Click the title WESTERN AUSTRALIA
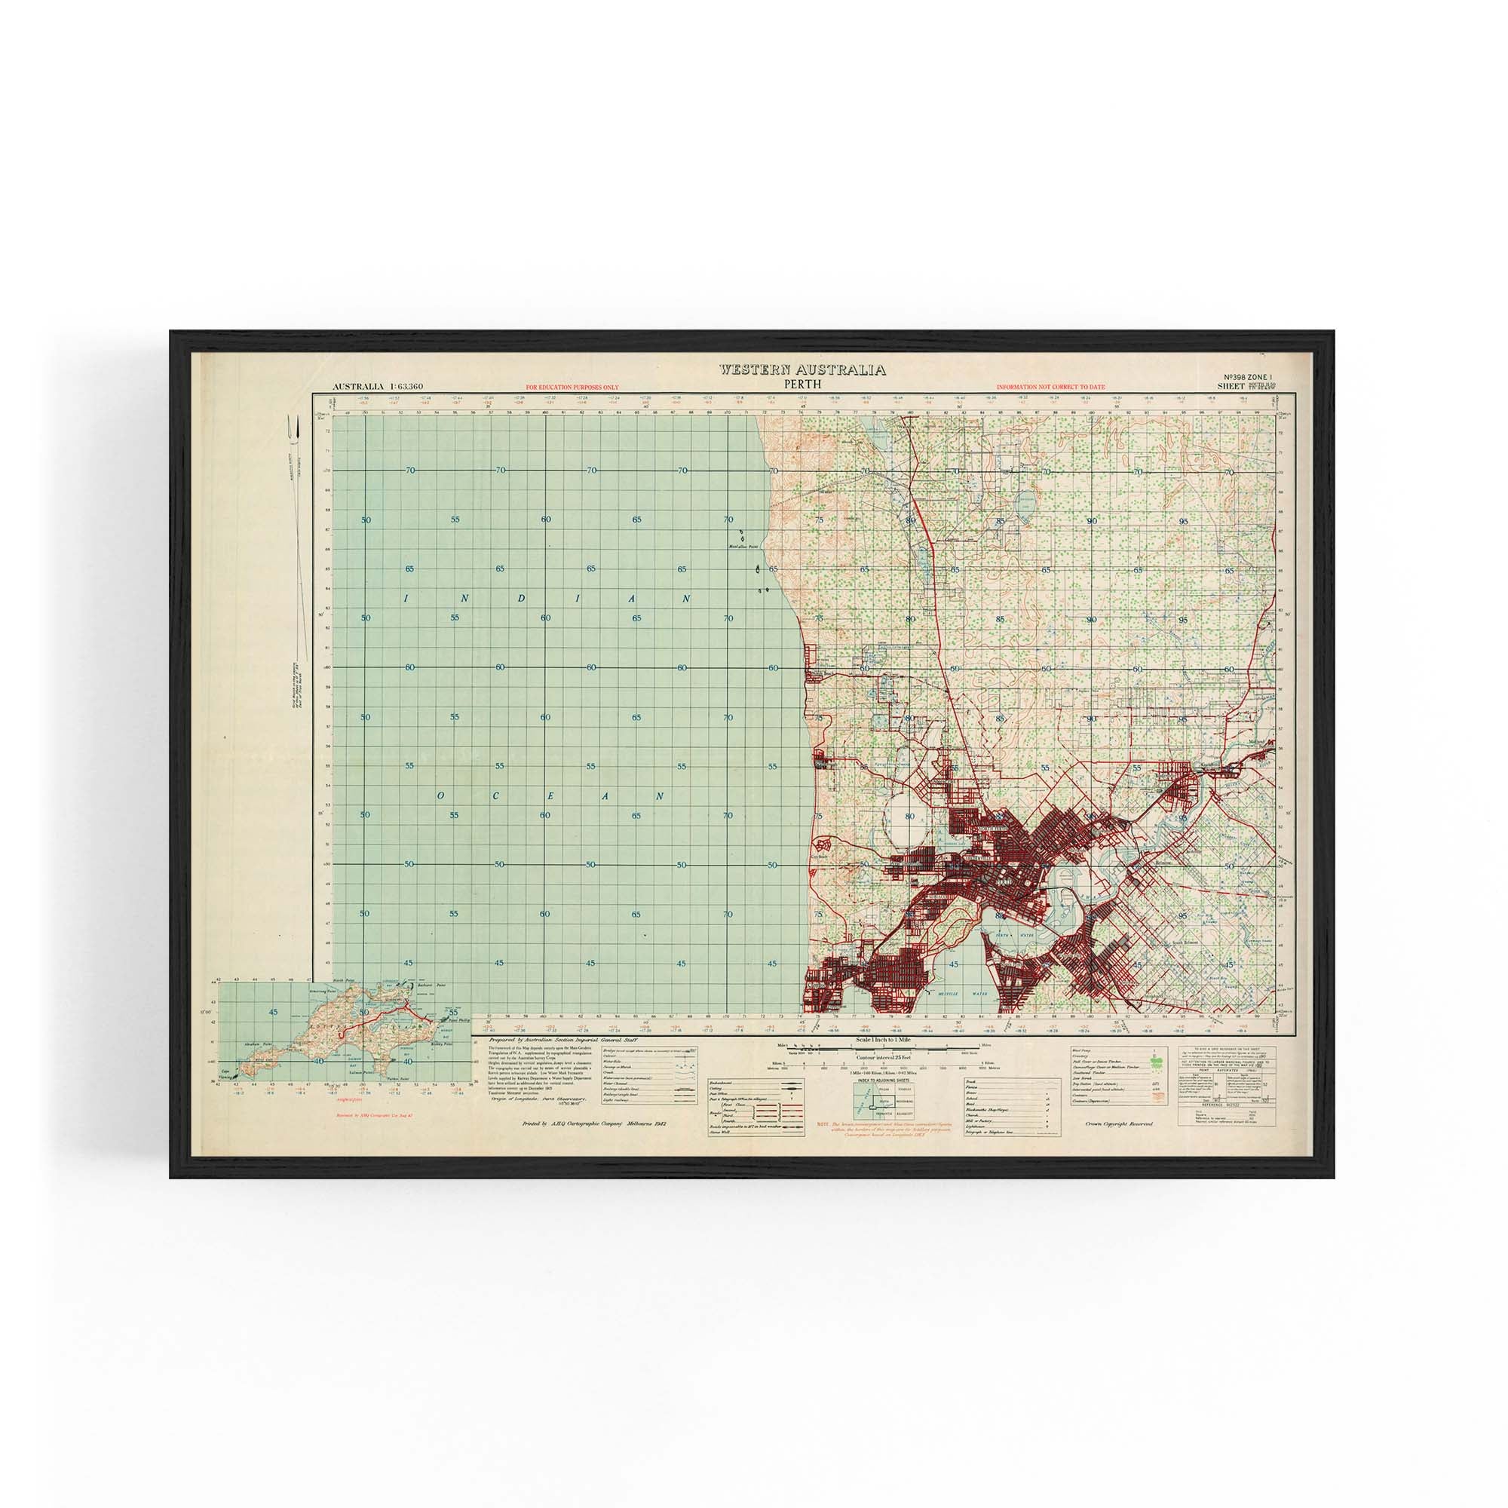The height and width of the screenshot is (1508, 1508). pos(802,370)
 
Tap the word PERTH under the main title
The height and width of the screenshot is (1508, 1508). pos(802,384)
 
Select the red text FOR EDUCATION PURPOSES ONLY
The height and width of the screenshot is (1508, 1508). pos(572,387)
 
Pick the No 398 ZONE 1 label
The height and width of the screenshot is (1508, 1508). pos(1246,377)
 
